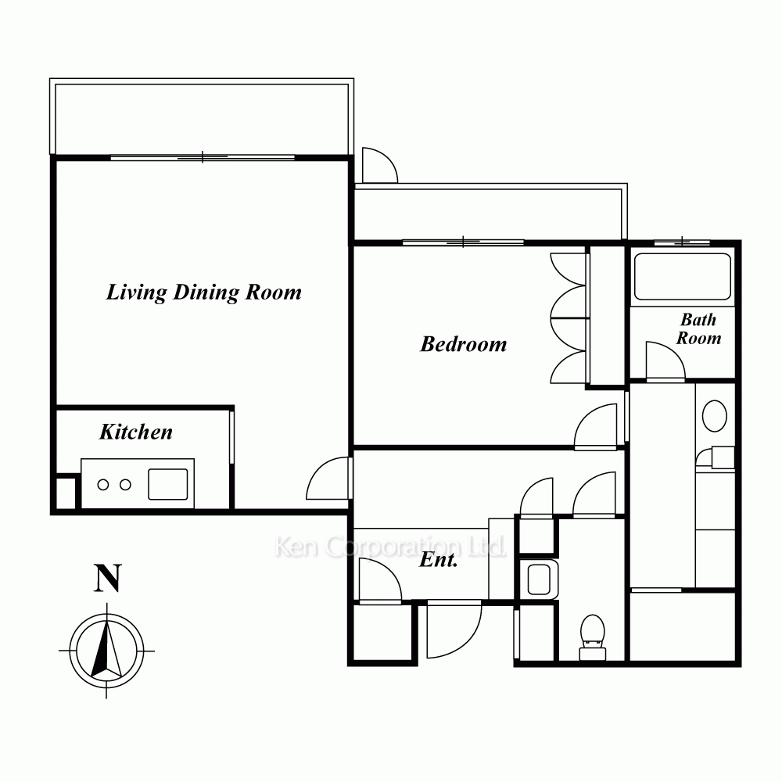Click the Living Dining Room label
[204, 292]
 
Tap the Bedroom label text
[463, 344]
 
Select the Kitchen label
[135, 432]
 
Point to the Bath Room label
[698, 328]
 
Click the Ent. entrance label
[439, 560]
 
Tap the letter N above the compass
[108, 578]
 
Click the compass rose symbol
[106, 651]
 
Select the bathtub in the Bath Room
[682, 277]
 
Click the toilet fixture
[593, 637]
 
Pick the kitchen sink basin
[168, 484]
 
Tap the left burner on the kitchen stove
[103, 484]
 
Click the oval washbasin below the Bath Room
[714, 415]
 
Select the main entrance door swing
[454, 630]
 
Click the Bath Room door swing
[665, 360]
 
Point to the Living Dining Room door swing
[327, 478]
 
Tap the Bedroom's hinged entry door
[595, 427]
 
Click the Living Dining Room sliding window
[203, 157]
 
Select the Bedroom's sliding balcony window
[463, 242]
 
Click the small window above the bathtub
[682, 242]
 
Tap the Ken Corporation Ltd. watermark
[390, 547]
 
